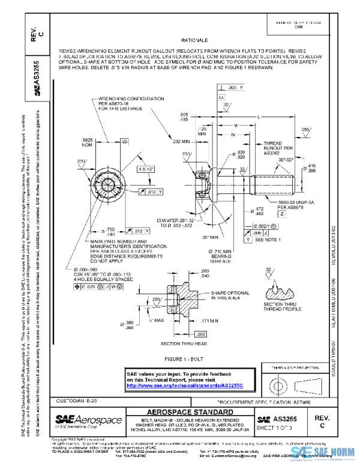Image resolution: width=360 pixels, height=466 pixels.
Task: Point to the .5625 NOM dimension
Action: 87,142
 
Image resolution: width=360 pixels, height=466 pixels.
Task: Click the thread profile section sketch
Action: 281,292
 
